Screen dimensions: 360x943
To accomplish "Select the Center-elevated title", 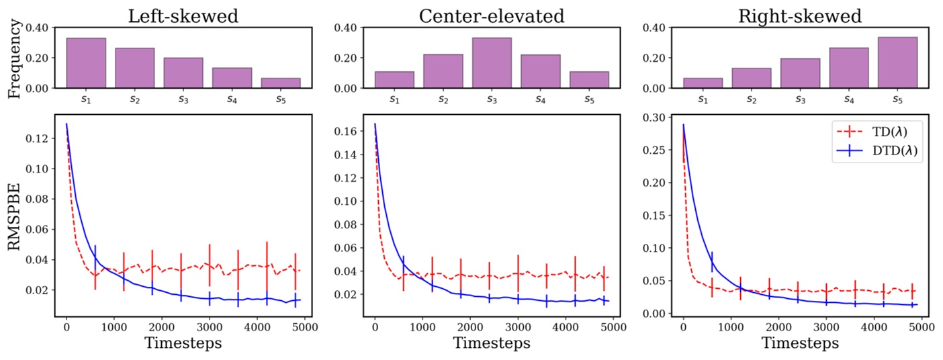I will tap(491, 15).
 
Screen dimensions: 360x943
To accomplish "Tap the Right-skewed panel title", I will tap(799, 15).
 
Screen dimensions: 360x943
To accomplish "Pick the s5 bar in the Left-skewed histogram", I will tap(281, 83).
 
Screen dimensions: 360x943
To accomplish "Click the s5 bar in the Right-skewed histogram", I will tap(897, 62).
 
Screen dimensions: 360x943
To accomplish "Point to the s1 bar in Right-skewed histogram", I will tap(703, 83).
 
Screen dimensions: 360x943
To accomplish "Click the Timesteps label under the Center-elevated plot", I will tap(491, 343).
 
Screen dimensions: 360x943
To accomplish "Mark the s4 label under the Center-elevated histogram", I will tap(541, 99).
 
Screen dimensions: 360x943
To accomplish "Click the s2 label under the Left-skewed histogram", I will tap(134, 99).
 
